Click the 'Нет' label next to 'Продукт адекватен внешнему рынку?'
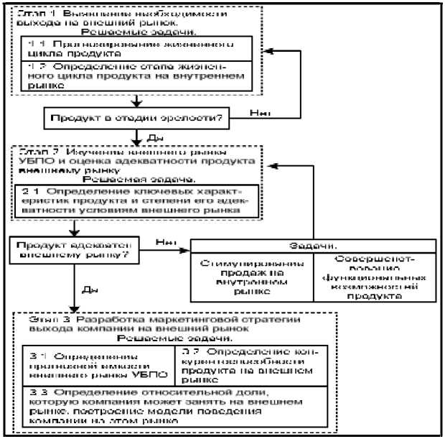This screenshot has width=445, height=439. tap(167, 243)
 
